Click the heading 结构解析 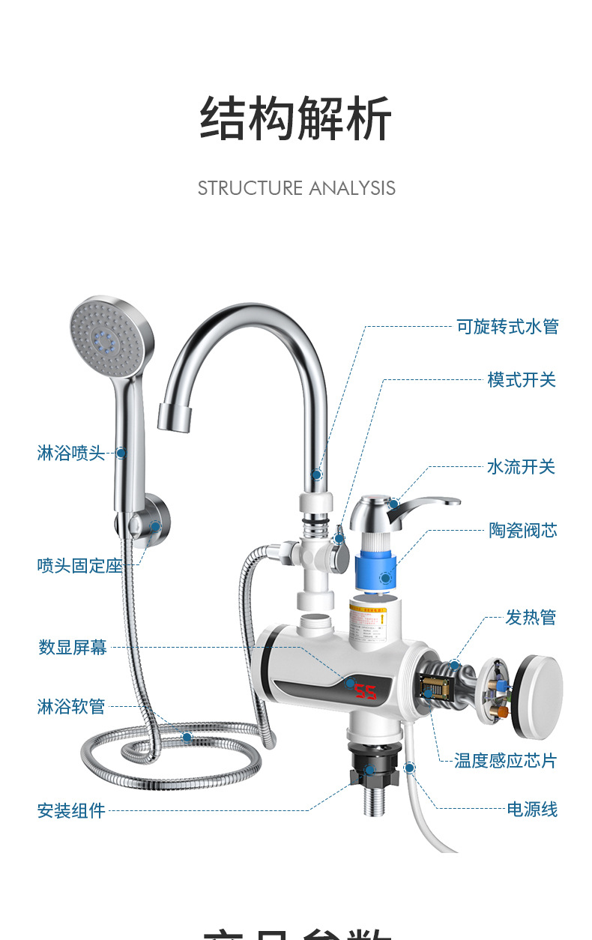pyautogui.click(x=296, y=119)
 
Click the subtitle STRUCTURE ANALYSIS pyautogui.click(x=296, y=187)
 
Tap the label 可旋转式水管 pyautogui.click(x=507, y=327)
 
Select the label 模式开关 pyautogui.click(x=522, y=380)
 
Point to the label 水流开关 pyautogui.click(x=521, y=467)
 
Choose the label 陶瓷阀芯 pyautogui.click(x=523, y=531)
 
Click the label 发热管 pyautogui.click(x=531, y=618)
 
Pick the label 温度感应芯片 pyautogui.click(x=506, y=761)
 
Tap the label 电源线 pyautogui.click(x=532, y=810)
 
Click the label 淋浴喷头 pyautogui.click(x=71, y=453)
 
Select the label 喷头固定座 pyautogui.click(x=79, y=565)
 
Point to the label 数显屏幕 pyautogui.click(x=73, y=647)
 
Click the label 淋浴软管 pyautogui.click(x=71, y=706)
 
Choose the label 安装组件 pyautogui.click(x=71, y=810)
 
